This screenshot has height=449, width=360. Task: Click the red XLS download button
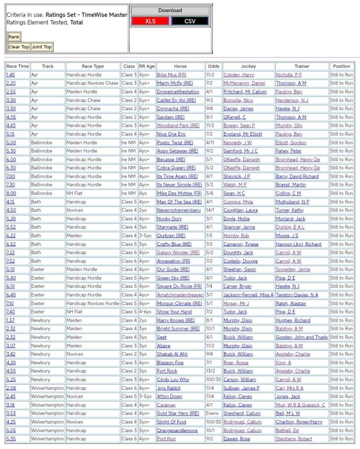tap(150, 21)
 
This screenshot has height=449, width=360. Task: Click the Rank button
tap(14, 37)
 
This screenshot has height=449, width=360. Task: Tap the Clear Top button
tap(19, 47)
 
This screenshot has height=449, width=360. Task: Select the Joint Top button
tap(41, 47)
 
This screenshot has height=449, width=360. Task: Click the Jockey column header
tap(248, 66)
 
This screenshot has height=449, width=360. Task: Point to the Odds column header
tap(213, 66)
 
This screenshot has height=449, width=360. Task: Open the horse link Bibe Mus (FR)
tap(171, 75)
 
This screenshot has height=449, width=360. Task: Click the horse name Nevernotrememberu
tap(178, 210)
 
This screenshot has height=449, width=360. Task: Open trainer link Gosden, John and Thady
tap(302, 337)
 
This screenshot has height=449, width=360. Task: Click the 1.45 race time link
tap(11, 75)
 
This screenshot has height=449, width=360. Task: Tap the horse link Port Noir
tap(167, 438)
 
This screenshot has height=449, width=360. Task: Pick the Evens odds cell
tap(212, 413)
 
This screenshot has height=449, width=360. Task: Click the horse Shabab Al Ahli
tap(172, 354)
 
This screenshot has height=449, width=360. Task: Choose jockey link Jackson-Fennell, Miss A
tap(248, 295)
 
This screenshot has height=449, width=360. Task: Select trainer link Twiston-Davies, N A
tap(297, 295)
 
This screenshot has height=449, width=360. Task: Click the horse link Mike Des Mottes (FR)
tap(179, 193)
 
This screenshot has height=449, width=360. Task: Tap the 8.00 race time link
tap(11, 193)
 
